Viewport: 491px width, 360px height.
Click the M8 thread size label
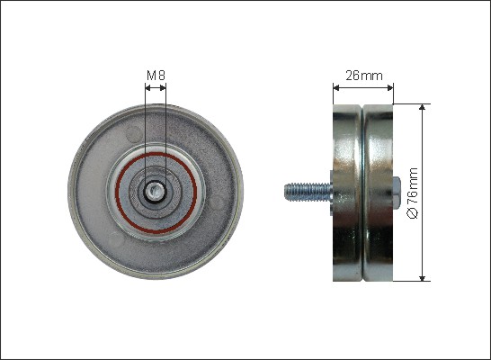[x=156, y=76]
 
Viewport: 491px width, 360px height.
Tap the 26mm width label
[x=364, y=76]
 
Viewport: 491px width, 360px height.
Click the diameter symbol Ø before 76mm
[x=413, y=213]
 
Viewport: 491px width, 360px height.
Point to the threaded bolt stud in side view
[x=308, y=192]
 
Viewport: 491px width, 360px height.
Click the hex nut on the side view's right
[x=396, y=193]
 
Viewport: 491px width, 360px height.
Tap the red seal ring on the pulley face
[x=156, y=193]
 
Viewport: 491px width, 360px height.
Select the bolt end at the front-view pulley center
[x=156, y=191]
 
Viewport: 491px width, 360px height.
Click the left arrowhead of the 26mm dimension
[x=336, y=88]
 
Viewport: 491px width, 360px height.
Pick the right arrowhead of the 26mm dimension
[x=390, y=88]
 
